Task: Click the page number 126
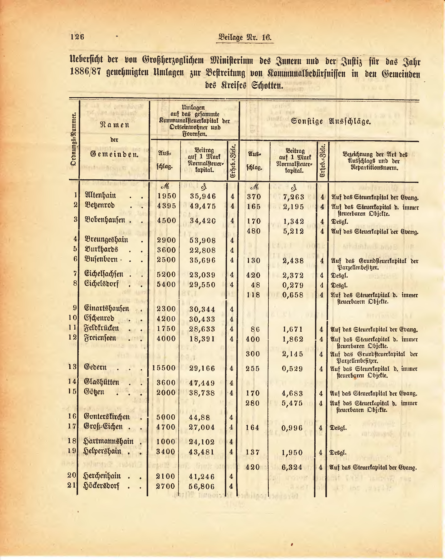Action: (77, 37)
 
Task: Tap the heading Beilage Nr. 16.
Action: (245, 37)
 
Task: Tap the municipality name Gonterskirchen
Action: (107, 417)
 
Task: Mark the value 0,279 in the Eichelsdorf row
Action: (293, 285)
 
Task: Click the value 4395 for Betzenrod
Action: (167, 206)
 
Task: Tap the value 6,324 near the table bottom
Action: (292, 467)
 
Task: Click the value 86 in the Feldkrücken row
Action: (255, 329)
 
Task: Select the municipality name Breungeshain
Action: (106, 239)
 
